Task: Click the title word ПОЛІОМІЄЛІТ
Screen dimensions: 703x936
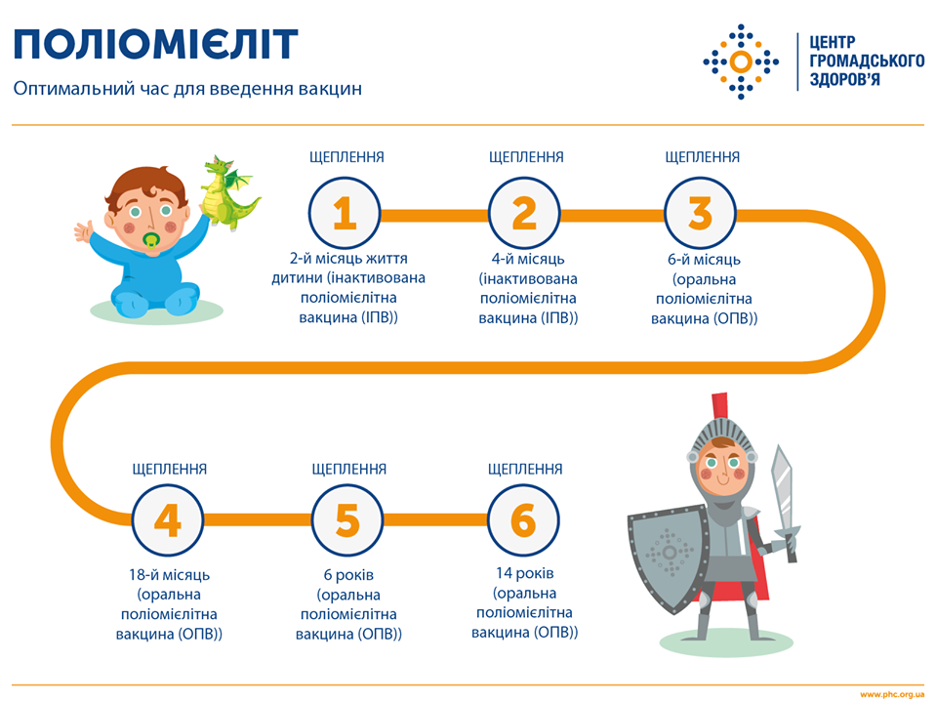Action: pos(155,45)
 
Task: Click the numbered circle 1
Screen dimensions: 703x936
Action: pos(345,212)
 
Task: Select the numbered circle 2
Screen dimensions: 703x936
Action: pos(524,212)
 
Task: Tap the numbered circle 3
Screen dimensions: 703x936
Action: pos(701,212)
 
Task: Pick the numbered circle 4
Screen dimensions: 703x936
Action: pos(168,521)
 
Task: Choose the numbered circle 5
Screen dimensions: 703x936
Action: pos(347,521)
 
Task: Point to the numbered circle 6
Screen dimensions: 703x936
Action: pos(524,521)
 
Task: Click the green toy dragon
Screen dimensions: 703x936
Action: pos(228,194)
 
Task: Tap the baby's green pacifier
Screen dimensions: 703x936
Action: pos(152,241)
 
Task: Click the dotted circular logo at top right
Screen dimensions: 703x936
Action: pos(741,62)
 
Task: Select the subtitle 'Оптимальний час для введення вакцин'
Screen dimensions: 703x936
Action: pos(187,89)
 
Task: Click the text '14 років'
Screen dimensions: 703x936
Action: pos(524,572)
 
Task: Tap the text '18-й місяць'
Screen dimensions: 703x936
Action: pos(168,574)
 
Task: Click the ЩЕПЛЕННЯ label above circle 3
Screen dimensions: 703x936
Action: pos(702,157)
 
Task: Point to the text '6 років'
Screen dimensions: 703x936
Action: pos(347,574)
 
